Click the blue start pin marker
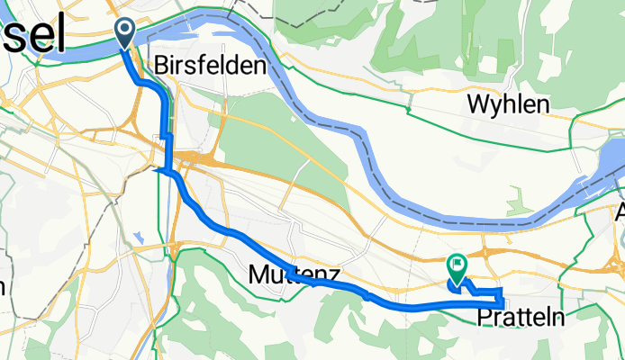[x=123, y=33]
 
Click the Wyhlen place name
[x=508, y=104]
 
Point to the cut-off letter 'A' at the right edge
[x=619, y=213]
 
